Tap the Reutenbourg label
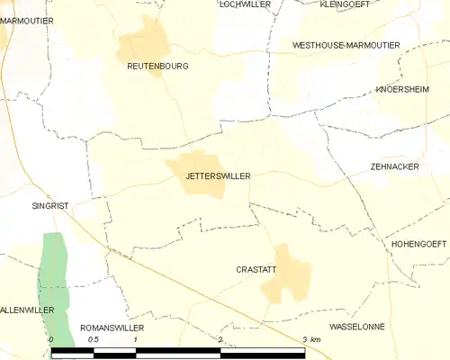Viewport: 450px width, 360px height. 157,66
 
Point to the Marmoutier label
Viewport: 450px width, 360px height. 26,20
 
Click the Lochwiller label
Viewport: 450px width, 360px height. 246,4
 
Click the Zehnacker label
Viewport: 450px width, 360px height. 394,166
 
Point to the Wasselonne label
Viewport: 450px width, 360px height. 357,326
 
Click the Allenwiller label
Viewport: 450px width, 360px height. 27,310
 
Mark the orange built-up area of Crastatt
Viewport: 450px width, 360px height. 286,274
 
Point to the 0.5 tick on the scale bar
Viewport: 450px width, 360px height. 93,339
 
